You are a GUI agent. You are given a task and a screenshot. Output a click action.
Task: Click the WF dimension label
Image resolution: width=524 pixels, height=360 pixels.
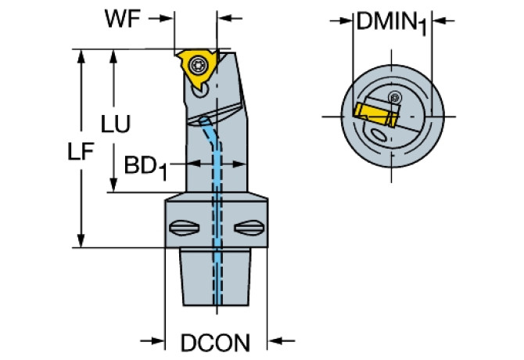pos(124,19)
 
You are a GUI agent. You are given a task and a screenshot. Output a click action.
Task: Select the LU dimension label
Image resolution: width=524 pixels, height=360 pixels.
pos(115,124)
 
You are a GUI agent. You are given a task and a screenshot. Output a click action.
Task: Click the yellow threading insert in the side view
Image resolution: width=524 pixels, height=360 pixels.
pos(195,64)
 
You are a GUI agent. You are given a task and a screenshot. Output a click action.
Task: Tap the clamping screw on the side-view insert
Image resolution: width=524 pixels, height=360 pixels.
pos(198,61)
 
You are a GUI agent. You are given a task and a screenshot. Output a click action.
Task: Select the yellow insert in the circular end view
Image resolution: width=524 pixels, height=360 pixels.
pos(374,115)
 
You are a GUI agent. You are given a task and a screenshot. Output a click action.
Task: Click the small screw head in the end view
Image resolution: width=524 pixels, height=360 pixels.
pos(396,98)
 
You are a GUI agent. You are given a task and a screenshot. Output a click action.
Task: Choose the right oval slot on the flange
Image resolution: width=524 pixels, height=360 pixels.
pos(251,229)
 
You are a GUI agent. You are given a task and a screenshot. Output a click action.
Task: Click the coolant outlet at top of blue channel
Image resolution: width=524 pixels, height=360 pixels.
pos(205,121)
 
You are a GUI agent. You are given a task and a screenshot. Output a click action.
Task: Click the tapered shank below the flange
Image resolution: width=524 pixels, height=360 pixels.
pos(216,278)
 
